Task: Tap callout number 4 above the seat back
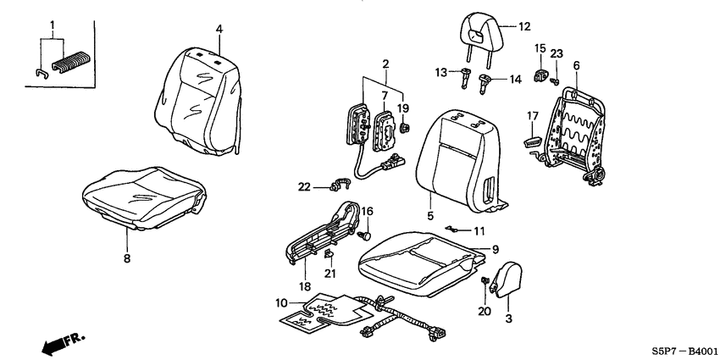[219, 30]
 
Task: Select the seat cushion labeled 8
[144, 197]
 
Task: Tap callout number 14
[514, 80]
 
